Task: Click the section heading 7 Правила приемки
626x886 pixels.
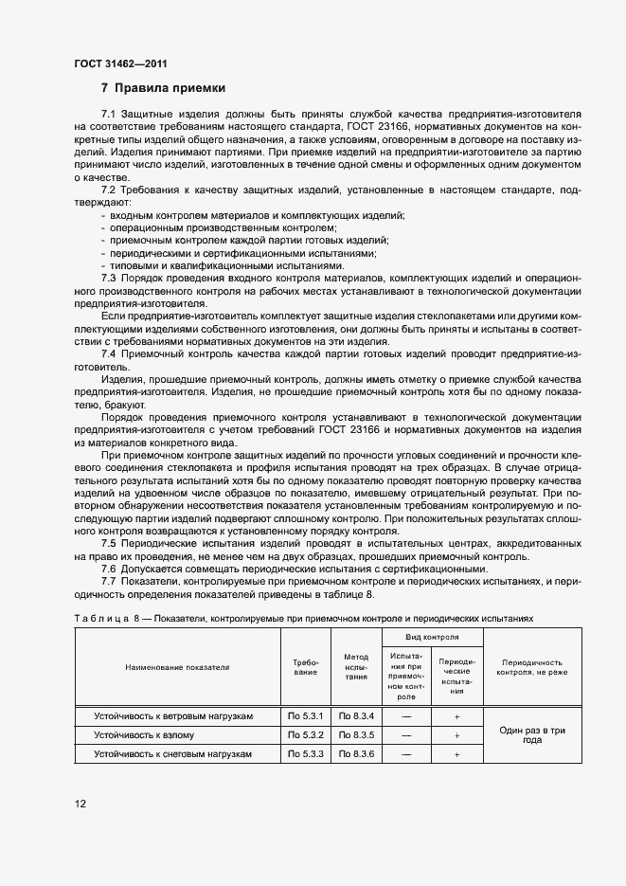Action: pos(163,88)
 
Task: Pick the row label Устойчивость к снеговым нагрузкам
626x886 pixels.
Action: pos(172,753)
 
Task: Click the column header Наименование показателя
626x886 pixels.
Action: pos(177,667)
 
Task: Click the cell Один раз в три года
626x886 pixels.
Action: pos(531,734)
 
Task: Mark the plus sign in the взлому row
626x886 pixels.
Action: pos(456,734)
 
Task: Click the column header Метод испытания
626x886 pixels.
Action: pos(356,667)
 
